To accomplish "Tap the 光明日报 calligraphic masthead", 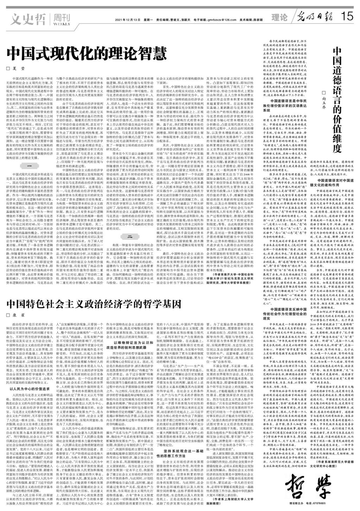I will pyautogui.click(x=314, y=17).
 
